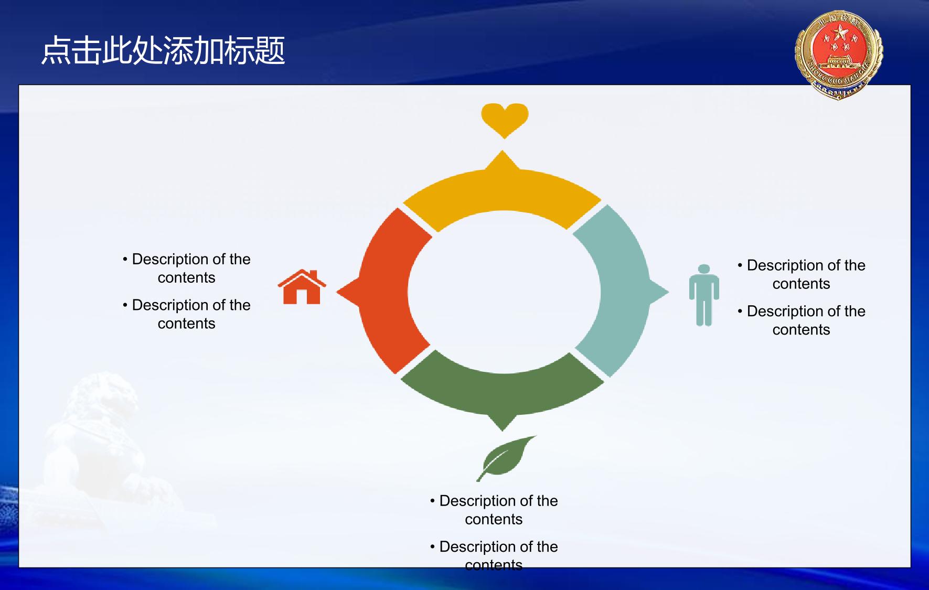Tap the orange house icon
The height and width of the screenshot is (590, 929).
(x=302, y=287)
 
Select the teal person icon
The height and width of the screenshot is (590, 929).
(x=704, y=295)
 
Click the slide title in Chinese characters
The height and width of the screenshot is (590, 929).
(x=163, y=51)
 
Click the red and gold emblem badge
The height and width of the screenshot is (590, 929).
(x=839, y=55)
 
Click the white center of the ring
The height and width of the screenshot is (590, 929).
(x=504, y=292)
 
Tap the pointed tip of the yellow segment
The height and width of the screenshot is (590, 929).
(x=503, y=151)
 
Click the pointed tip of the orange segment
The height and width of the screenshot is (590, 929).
(x=337, y=292)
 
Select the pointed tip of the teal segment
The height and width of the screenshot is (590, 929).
(x=669, y=292)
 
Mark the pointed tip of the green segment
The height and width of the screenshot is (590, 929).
(x=503, y=431)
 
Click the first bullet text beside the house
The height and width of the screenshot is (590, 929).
(x=186, y=268)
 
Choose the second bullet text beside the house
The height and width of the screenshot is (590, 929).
(x=186, y=314)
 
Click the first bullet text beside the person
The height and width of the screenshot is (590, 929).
(x=801, y=274)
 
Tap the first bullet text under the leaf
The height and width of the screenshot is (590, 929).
(x=494, y=510)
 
